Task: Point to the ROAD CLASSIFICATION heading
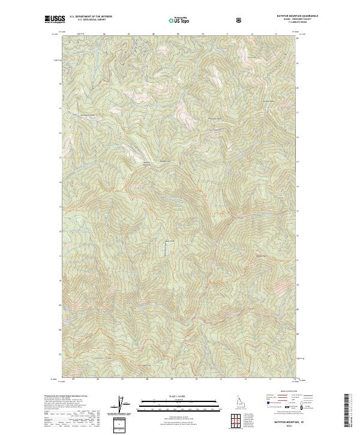click(278, 392)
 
